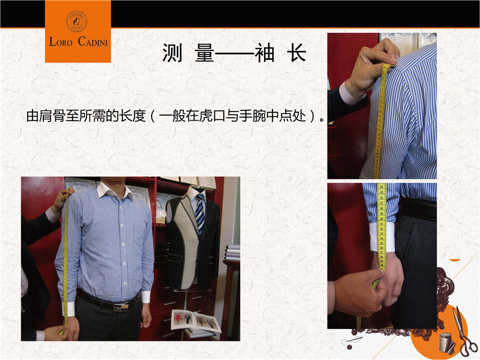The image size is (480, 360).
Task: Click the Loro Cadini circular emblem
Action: coord(77,21)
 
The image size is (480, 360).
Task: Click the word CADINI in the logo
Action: coord(93,41)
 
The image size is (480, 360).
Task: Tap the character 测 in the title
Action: coord(172,53)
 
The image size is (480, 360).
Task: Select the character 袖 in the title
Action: coord(264,53)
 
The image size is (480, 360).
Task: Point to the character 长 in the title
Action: coord(296,53)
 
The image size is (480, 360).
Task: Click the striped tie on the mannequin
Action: coord(200,214)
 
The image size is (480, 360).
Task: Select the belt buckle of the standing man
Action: coord(121,307)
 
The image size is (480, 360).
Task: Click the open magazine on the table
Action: coord(196,322)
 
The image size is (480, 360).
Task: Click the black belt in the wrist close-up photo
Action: coord(418,209)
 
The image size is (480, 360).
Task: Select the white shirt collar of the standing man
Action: coord(115,190)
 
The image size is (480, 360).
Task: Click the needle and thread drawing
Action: coord(352,342)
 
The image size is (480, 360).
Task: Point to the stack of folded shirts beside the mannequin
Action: coord(233,252)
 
